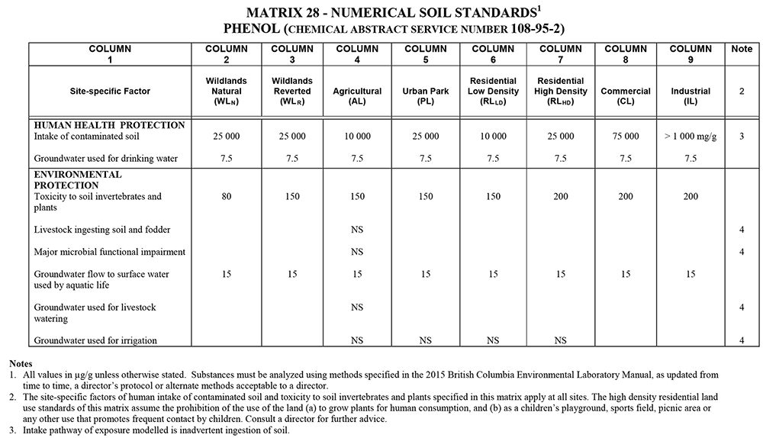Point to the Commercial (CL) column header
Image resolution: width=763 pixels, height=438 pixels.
(626, 96)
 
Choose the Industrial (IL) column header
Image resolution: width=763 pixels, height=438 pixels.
(691, 96)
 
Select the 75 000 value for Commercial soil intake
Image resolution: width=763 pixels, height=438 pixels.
(626, 137)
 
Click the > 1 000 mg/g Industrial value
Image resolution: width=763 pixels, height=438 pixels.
(691, 137)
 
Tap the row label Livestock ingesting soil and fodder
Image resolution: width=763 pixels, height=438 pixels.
(101, 229)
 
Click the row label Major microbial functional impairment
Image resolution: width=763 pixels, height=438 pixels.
(110, 252)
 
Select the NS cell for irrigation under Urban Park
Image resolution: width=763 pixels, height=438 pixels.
(426, 340)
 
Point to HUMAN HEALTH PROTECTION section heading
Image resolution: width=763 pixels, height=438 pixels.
(109, 125)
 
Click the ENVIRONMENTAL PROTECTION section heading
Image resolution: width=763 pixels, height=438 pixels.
(78, 180)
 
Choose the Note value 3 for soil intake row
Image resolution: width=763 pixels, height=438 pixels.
(741, 137)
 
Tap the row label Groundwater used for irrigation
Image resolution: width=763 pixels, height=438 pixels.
(95, 340)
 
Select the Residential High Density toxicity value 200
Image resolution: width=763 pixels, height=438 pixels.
(560, 197)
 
